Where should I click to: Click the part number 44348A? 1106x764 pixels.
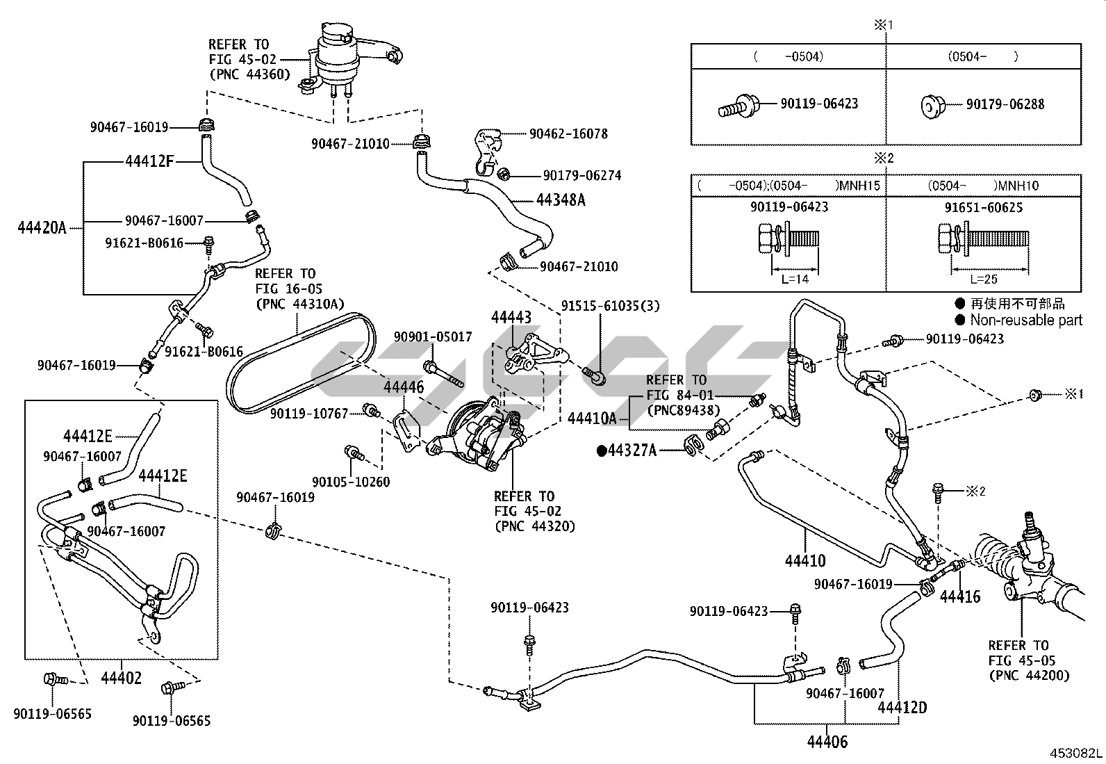pos(561,200)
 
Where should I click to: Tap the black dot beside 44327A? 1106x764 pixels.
pos(602,450)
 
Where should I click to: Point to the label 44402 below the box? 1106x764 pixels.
pos(121,678)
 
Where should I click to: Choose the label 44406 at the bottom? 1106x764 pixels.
pos(827,742)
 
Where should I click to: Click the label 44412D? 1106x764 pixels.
pos(902,708)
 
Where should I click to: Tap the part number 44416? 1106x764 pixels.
pos(960,596)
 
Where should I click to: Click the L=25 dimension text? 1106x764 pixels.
pos(983,279)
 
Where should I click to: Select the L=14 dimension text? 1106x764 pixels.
pos(795,279)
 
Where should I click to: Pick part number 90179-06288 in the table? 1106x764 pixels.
pos(1005,104)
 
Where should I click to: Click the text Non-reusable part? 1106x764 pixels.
pos(1026,320)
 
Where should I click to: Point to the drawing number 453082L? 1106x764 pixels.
pos(1075,754)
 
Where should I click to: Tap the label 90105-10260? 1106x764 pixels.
pos(351,482)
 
